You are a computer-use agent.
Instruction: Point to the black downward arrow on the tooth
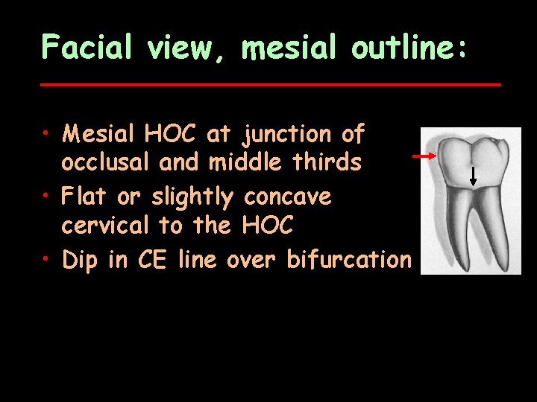point(473,176)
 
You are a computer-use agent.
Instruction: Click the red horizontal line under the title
point(270,85)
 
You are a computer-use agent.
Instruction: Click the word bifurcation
point(349,260)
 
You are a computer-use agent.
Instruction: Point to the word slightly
point(192,197)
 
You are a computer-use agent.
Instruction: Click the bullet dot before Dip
point(47,260)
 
